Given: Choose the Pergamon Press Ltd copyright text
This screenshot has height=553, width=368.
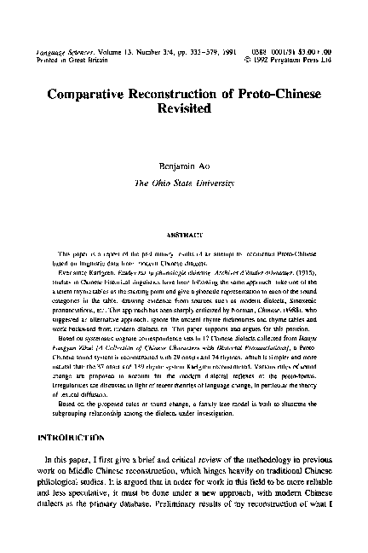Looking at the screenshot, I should (x=302, y=38).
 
